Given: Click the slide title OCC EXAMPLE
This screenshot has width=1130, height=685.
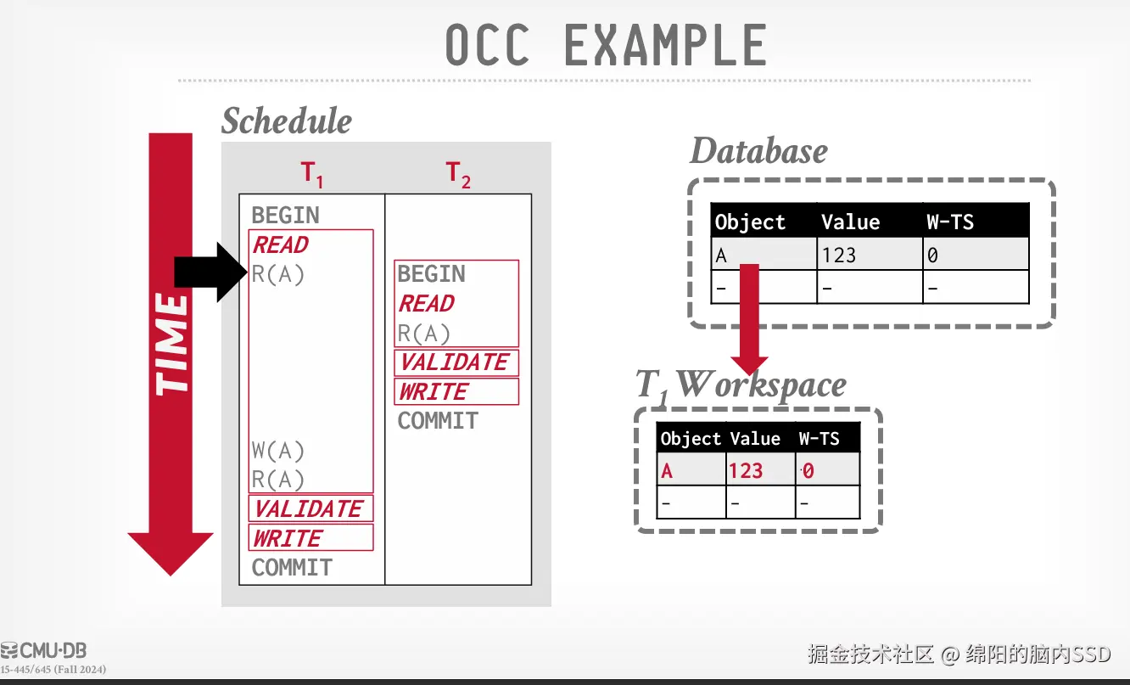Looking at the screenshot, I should [606, 46].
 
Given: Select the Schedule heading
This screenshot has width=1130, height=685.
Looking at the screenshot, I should [287, 121].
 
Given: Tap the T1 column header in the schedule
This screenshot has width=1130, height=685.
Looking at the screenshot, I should [312, 175].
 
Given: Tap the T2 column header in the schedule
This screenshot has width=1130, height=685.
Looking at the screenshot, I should [458, 175].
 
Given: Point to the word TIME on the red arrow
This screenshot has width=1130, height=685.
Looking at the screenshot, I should [171, 344].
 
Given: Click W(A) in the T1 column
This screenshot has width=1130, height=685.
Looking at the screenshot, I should [277, 450].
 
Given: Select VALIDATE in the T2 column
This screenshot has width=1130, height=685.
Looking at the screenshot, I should [456, 362].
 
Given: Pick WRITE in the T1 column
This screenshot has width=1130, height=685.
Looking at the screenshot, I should [288, 538].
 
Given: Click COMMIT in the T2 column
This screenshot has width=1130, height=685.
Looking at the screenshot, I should [438, 421].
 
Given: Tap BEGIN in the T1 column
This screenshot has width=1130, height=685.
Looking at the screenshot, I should [285, 216].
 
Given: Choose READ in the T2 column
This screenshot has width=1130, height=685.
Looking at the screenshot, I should [427, 304].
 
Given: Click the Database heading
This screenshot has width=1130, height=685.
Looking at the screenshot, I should [758, 151].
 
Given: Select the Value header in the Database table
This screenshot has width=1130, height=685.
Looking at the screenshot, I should [850, 222].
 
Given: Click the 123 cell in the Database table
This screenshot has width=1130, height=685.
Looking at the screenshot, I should [838, 255].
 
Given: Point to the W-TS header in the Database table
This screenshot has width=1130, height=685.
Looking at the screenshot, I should [950, 222].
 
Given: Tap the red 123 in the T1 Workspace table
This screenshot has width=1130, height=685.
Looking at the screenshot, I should [746, 470].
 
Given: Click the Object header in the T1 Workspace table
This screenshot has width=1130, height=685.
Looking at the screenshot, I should [691, 439].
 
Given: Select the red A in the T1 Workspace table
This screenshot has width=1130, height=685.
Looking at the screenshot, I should [667, 470].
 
